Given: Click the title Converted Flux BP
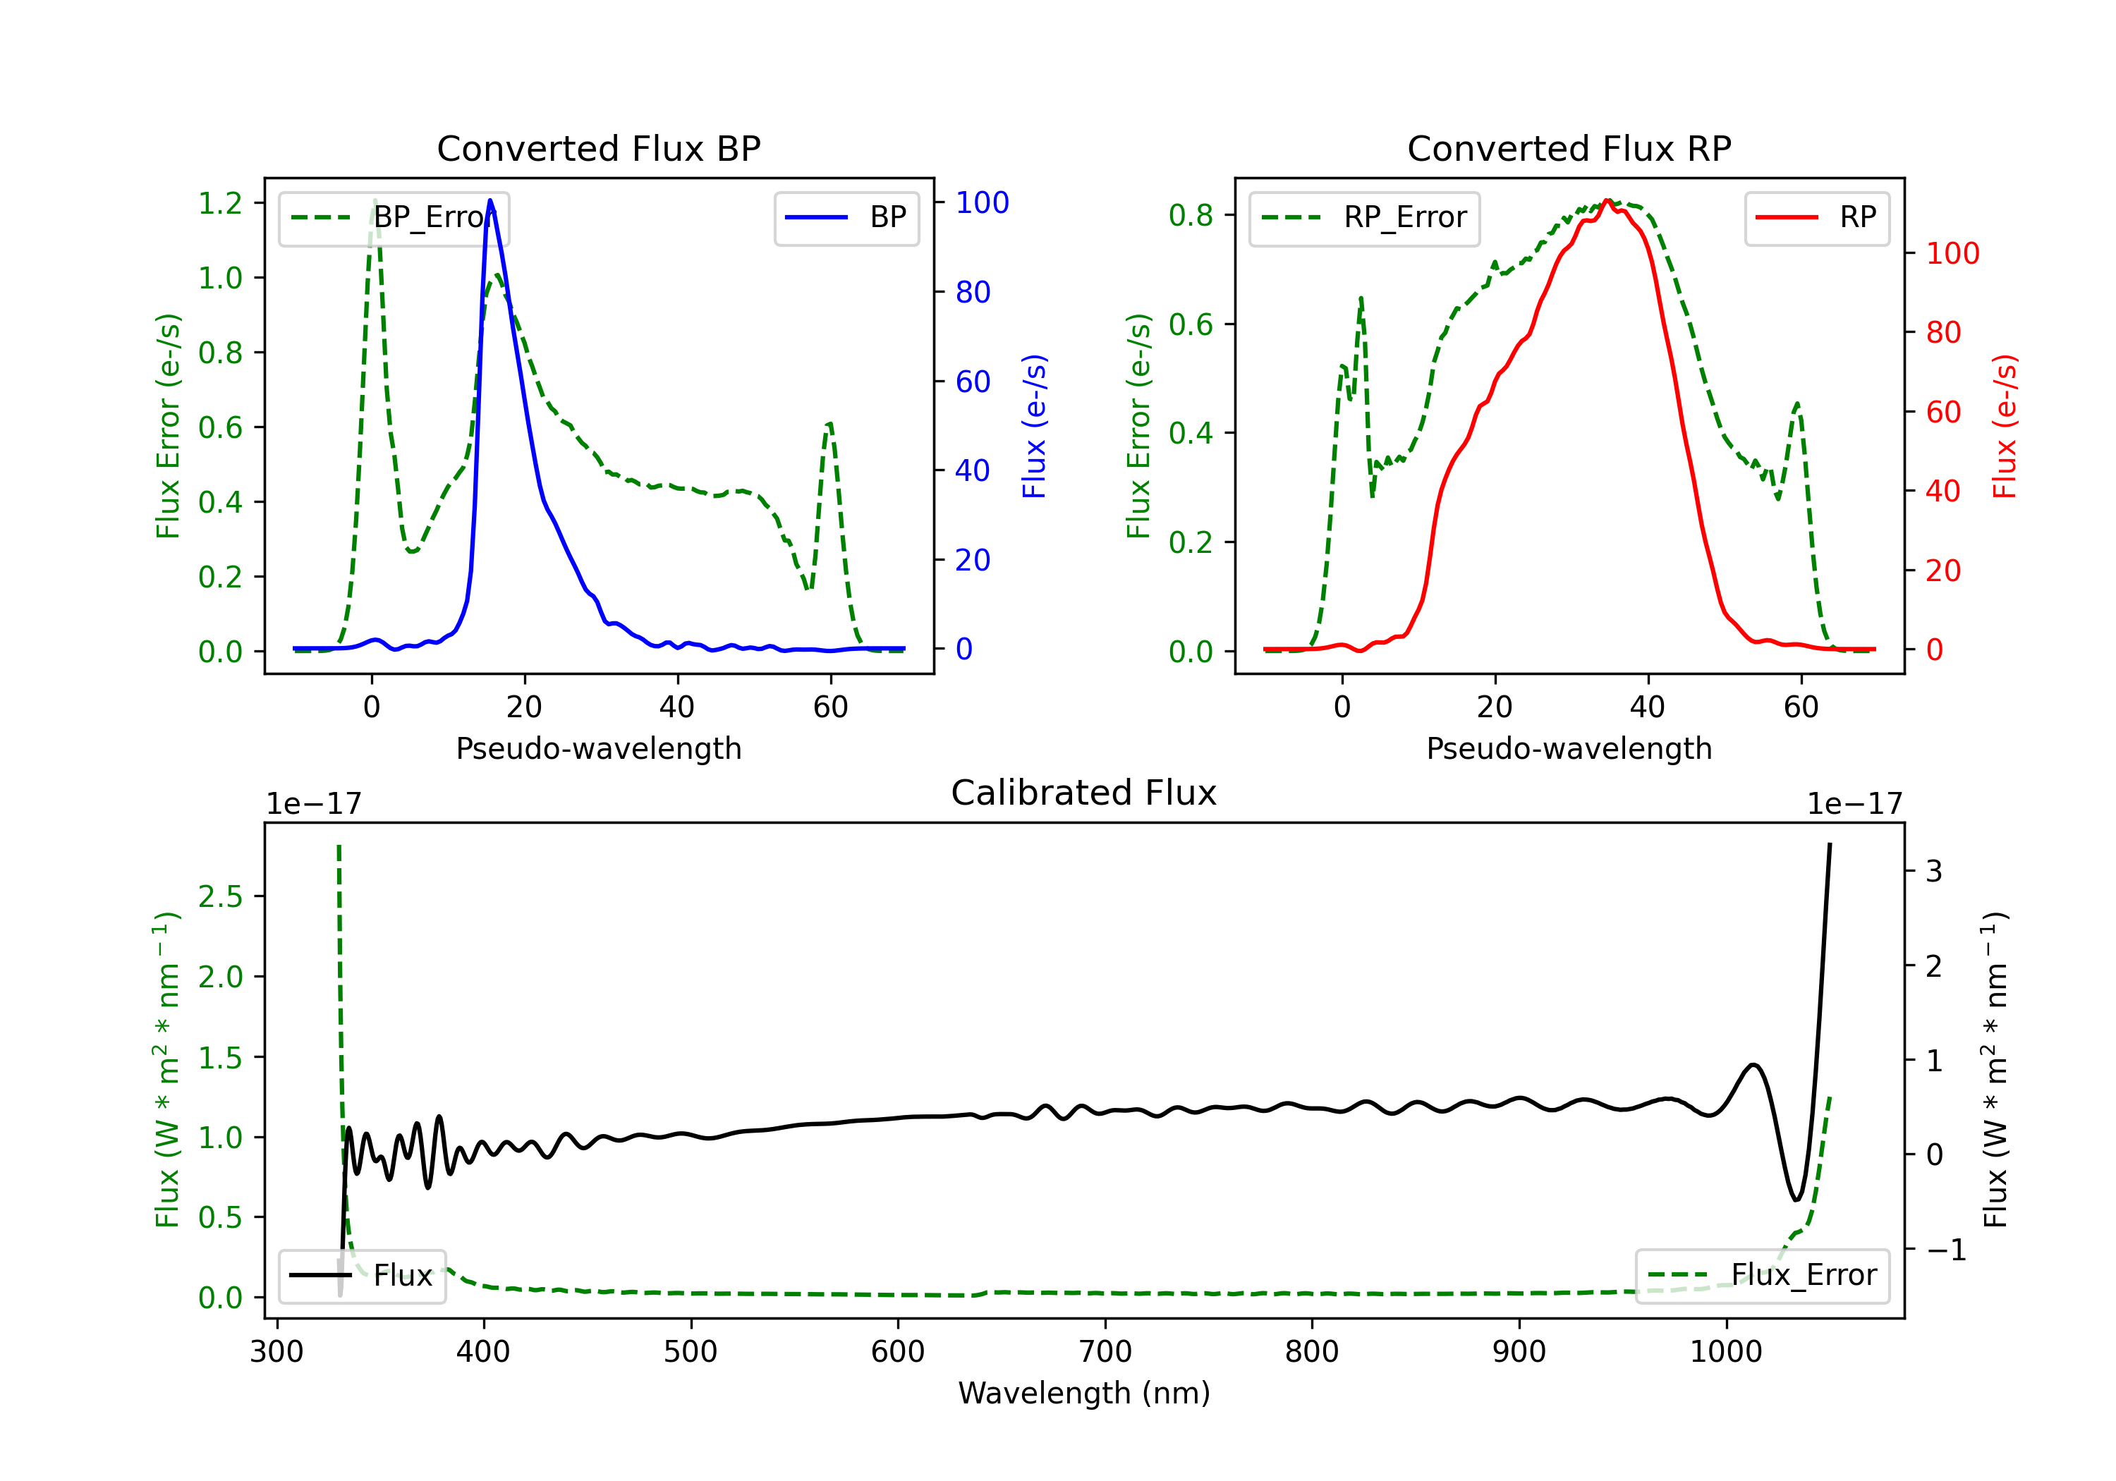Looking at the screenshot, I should pos(598,148).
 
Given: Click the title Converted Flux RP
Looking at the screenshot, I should pos(1569,148).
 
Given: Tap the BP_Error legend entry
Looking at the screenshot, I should pos(394,217).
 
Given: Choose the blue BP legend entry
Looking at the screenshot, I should pos(846,217).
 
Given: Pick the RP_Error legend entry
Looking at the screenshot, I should pos(1364,217).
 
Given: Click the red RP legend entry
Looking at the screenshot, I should pos(1816,217).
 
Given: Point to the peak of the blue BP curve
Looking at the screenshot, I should pos(490,200).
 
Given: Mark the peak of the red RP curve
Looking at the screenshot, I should pos(1606,201).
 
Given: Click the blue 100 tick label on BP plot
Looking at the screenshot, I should pos(982,202).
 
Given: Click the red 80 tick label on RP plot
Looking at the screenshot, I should pos(1944,333).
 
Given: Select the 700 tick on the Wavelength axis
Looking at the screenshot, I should pos(1105,1352).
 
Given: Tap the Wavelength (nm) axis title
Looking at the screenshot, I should pos(1084,1393).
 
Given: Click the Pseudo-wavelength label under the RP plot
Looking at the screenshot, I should pos(1569,748).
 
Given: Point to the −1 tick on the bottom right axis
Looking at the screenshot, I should pos(1945,1250).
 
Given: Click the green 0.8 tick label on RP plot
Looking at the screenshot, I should pos(1191,216).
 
